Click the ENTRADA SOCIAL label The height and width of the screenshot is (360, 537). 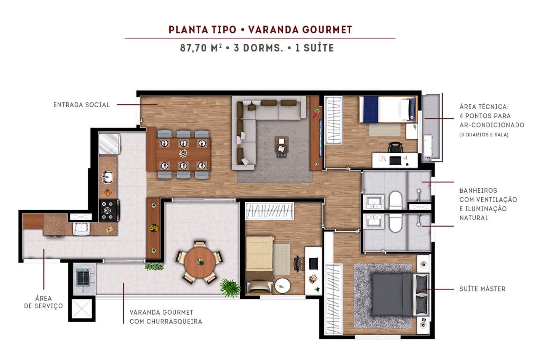81,105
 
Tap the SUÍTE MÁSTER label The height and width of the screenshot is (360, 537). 482,289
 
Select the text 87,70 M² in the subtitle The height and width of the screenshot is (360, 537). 201,48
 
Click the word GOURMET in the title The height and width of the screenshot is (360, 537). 327,30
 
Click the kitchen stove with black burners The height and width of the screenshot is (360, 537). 109,210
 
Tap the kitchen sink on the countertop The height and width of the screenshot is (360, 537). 107,177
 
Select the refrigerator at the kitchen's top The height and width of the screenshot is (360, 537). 109,143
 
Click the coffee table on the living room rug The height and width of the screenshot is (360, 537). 282,147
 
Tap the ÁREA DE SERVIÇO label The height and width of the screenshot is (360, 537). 43,302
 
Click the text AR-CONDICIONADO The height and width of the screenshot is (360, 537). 492,125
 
